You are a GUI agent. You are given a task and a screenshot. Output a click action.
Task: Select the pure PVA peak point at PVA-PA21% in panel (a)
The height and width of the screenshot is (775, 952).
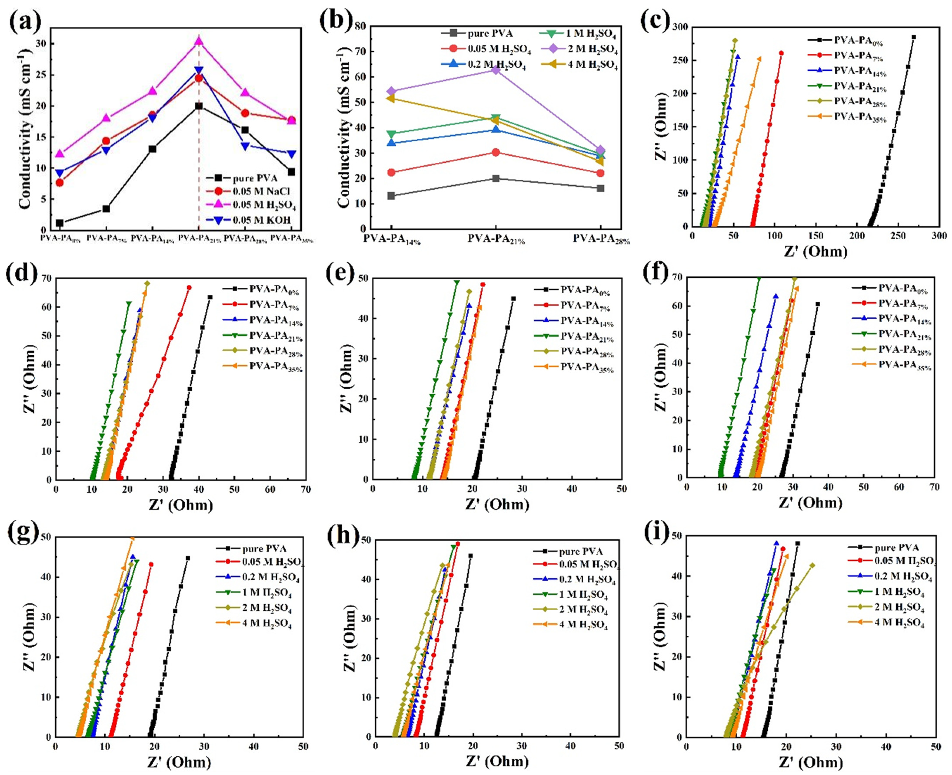[198, 106]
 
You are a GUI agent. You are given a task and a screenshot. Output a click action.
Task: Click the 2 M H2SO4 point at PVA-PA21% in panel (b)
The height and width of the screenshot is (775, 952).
[496, 70]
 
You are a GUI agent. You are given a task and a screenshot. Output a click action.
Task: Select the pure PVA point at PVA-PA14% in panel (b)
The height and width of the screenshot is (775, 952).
[391, 196]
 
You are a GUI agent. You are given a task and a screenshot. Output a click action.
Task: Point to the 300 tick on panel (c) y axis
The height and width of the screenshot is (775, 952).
[679, 27]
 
